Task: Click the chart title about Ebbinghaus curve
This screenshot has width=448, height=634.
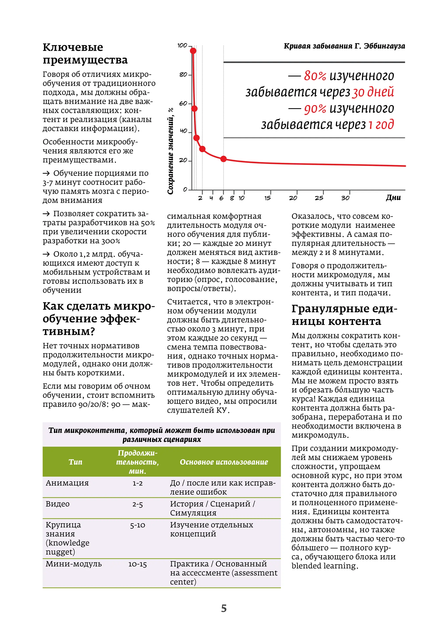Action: [344, 46]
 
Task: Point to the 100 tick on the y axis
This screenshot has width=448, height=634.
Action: [182, 46]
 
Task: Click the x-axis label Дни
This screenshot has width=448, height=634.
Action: [393, 197]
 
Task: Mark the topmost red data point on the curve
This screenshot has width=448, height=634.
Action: [193, 51]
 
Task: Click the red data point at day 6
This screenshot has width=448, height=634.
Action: [223, 159]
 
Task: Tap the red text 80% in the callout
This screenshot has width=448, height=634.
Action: [315, 76]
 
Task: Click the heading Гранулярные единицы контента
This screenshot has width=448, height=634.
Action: [344, 315]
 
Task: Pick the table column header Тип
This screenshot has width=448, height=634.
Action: [75, 462]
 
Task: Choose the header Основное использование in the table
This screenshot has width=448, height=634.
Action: [224, 462]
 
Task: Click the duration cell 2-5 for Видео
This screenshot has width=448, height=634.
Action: [137, 504]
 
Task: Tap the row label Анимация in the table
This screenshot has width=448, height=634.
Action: [67, 483]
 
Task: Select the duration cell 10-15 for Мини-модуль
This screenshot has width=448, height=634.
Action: [137, 564]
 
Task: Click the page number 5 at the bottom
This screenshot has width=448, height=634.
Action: [224, 608]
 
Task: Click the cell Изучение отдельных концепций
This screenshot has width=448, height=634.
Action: [211, 529]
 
